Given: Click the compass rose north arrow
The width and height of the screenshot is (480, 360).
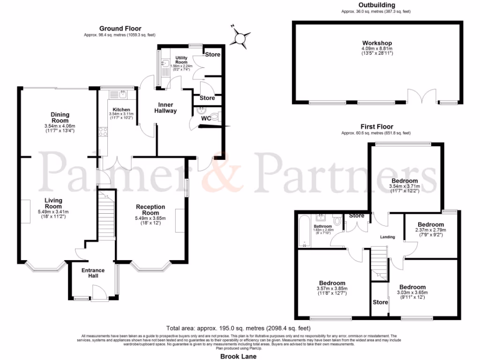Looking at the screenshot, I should (x=242, y=37).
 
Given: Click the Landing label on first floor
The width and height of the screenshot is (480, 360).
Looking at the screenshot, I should (x=388, y=237).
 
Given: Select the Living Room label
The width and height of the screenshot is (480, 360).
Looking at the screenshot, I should (x=53, y=203).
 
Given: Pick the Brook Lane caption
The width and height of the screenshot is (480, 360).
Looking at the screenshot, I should (x=240, y=356).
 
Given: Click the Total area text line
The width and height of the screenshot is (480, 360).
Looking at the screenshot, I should (x=240, y=328).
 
